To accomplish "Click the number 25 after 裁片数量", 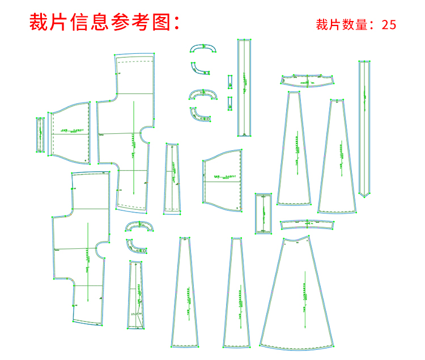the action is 389,24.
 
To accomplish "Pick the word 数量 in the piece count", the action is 354,24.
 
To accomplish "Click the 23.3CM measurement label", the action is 136,314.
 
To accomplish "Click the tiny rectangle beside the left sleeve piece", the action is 41,135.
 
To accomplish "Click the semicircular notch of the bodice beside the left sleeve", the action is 144,135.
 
